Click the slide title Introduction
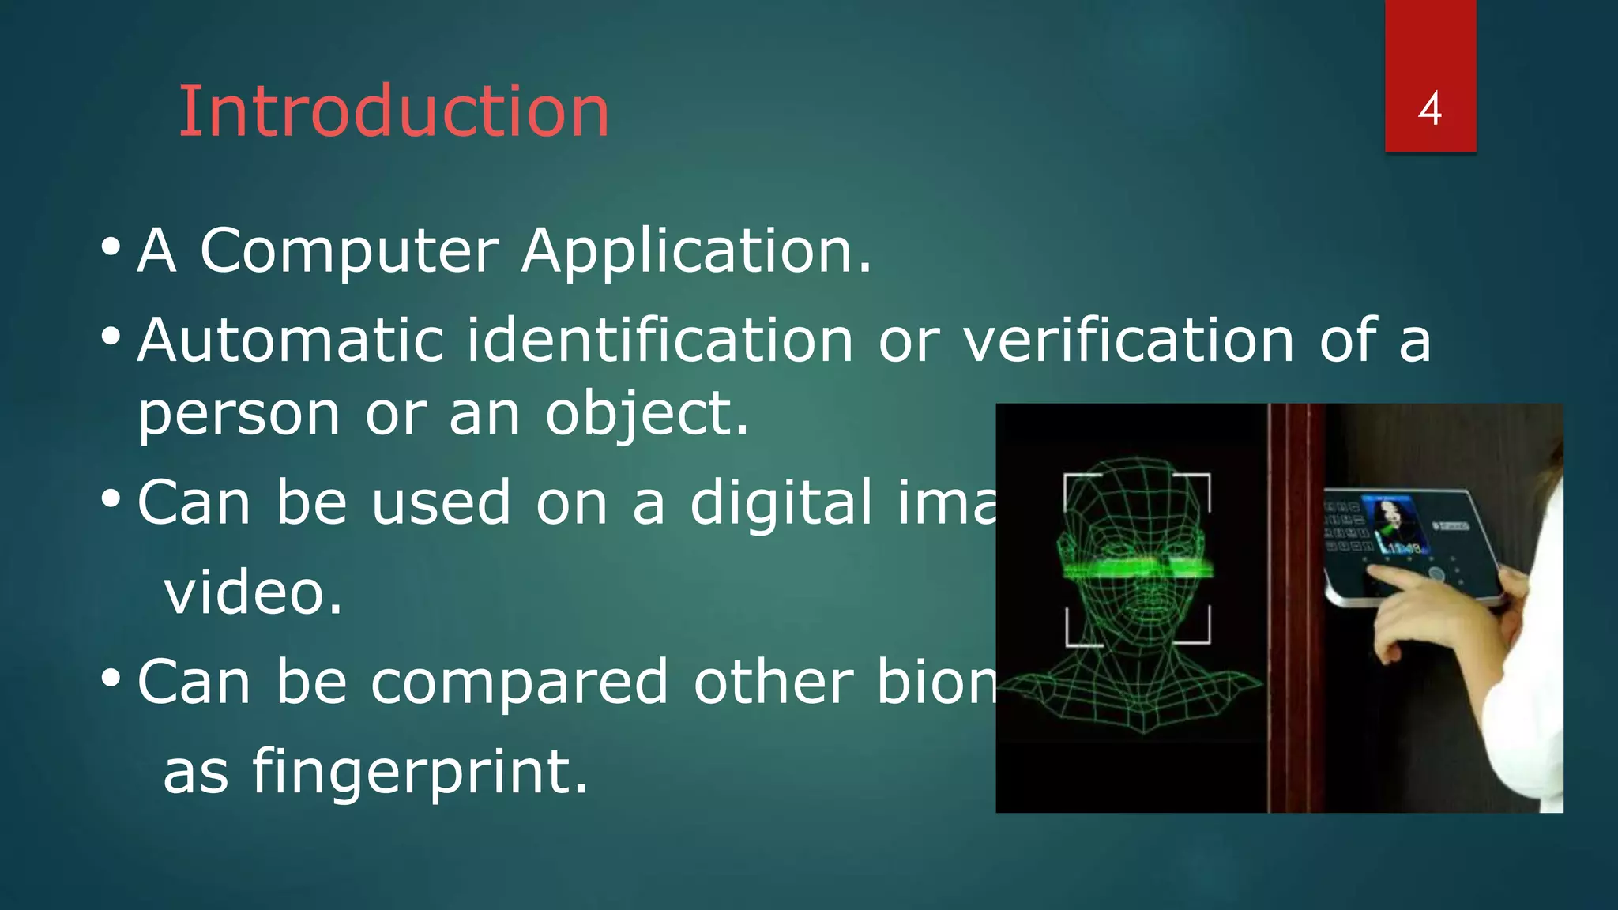tap(393, 112)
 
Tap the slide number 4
tap(1429, 109)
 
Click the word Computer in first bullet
tap(349, 251)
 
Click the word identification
tap(660, 340)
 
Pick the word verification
tap(1128, 340)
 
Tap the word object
tap(645, 415)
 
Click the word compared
tap(519, 682)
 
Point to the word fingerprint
tap(419, 773)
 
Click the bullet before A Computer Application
tap(111, 249)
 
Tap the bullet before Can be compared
tap(111, 679)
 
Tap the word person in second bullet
tap(238, 415)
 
